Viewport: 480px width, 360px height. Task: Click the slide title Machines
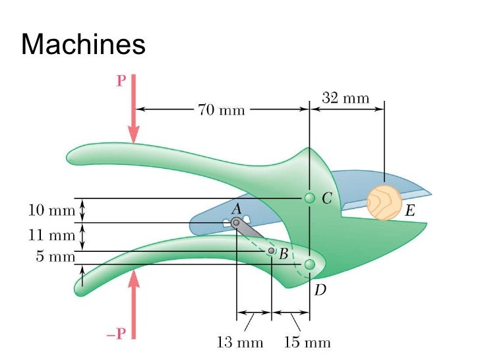pos(83,45)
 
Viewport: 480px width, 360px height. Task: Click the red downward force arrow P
pos(134,109)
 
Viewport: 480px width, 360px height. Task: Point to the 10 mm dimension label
pos(51,211)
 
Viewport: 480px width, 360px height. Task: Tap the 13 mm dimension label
pos(240,342)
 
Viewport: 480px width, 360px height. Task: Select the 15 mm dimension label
pos(307,342)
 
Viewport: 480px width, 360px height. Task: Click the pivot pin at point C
pos(309,198)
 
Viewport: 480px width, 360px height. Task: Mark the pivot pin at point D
pos(309,264)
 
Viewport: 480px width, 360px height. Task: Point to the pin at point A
pos(236,222)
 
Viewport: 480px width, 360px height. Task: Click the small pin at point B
pos(271,251)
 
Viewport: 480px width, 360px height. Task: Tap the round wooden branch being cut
pos(384,202)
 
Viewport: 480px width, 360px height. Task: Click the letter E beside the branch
pos(410,212)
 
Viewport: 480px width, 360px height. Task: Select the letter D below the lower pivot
pos(320,289)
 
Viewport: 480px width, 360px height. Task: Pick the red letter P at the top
pos(121,80)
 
